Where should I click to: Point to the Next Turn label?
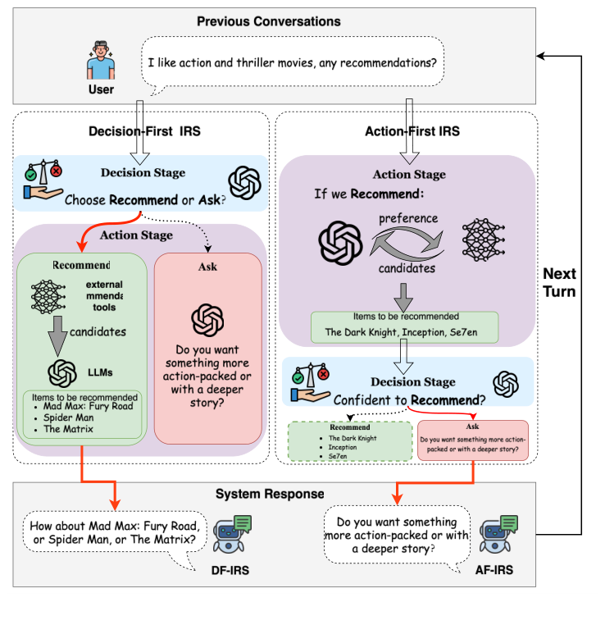click(x=561, y=282)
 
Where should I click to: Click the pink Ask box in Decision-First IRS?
click(x=208, y=349)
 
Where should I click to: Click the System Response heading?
click(x=270, y=494)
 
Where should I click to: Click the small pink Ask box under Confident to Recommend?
click(x=473, y=443)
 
